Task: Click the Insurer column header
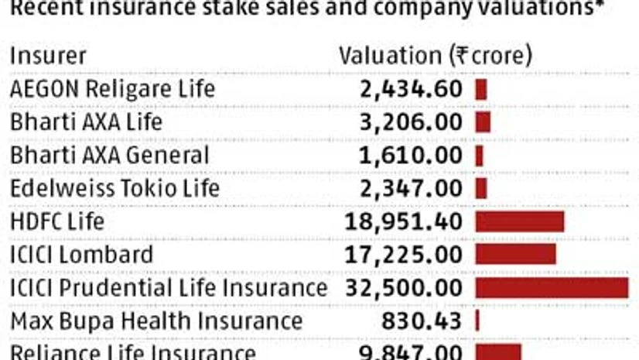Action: (x=48, y=56)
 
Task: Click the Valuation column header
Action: (x=436, y=56)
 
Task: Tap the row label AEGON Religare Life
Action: (x=111, y=89)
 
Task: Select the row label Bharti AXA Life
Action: (x=86, y=122)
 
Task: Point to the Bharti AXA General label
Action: (x=109, y=155)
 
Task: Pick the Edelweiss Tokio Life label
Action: (x=114, y=188)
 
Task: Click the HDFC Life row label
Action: (x=56, y=221)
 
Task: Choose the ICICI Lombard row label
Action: (x=81, y=255)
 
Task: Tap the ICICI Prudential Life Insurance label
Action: (x=169, y=288)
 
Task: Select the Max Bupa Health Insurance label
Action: (x=155, y=321)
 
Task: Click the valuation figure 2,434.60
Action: (x=411, y=89)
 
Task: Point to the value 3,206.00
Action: (x=411, y=122)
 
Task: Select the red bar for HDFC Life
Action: (x=520, y=221)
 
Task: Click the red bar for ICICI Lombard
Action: (x=515, y=255)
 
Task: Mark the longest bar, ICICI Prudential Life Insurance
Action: (x=552, y=288)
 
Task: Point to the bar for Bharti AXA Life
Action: (x=484, y=122)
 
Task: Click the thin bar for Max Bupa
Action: (x=477, y=321)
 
